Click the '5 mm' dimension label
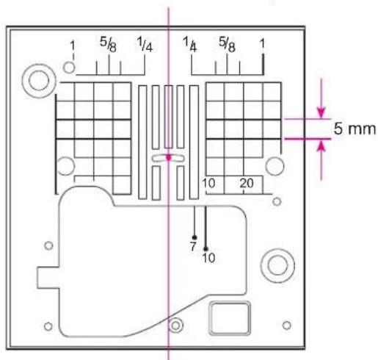[355, 129]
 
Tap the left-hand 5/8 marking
[108, 45]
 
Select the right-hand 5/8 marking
[227, 44]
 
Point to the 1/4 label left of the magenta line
[145, 44]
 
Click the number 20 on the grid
[247, 183]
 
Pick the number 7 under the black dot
[193, 246]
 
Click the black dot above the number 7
[195, 237]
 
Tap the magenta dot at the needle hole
[168, 158]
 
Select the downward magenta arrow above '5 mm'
[321, 98]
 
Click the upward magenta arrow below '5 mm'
[321, 160]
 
